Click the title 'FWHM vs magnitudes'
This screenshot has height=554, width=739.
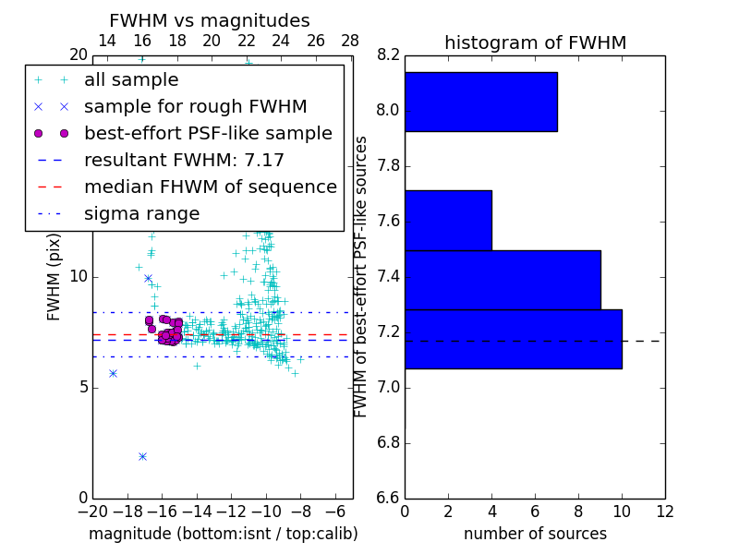[x=209, y=21]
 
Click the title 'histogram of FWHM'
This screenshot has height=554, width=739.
[x=535, y=42]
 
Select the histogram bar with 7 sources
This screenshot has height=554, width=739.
[x=480, y=102]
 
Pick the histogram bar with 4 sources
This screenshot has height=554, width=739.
[x=448, y=220]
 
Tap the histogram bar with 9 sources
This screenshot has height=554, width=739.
[x=503, y=280]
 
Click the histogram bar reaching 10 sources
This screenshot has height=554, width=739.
[x=513, y=339]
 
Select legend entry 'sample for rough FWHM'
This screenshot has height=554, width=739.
[x=195, y=107]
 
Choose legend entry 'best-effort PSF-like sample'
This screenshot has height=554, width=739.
[x=208, y=134]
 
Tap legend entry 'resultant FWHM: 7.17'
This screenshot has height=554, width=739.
[x=184, y=161]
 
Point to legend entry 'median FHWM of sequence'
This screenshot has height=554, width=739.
[x=210, y=187]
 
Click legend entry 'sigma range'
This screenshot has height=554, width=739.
[x=141, y=214]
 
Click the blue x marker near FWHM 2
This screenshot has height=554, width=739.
[x=142, y=456]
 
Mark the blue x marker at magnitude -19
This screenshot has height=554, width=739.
[x=113, y=373]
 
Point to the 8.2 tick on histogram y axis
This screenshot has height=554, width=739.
[x=388, y=55]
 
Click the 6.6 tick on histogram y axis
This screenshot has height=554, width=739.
[x=388, y=498]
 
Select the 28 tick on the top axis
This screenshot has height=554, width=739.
[x=350, y=41]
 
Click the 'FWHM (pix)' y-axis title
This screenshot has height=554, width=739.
[x=55, y=277]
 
